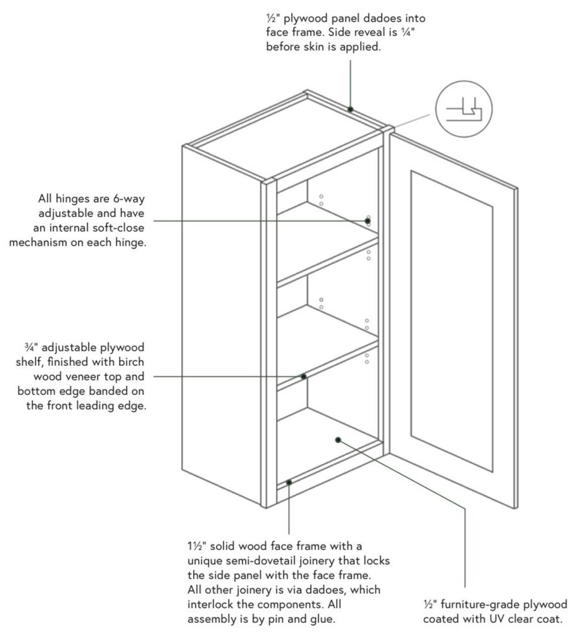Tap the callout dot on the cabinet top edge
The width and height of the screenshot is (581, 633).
(x=350, y=110)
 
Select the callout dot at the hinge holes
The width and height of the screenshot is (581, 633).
(x=367, y=220)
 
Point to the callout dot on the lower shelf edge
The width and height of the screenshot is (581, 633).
(x=303, y=377)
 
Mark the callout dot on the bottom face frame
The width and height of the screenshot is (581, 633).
(x=289, y=482)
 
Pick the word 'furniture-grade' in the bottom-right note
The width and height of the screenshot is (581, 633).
(x=482, y=605)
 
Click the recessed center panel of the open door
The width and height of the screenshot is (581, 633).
(x=451, y=320)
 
